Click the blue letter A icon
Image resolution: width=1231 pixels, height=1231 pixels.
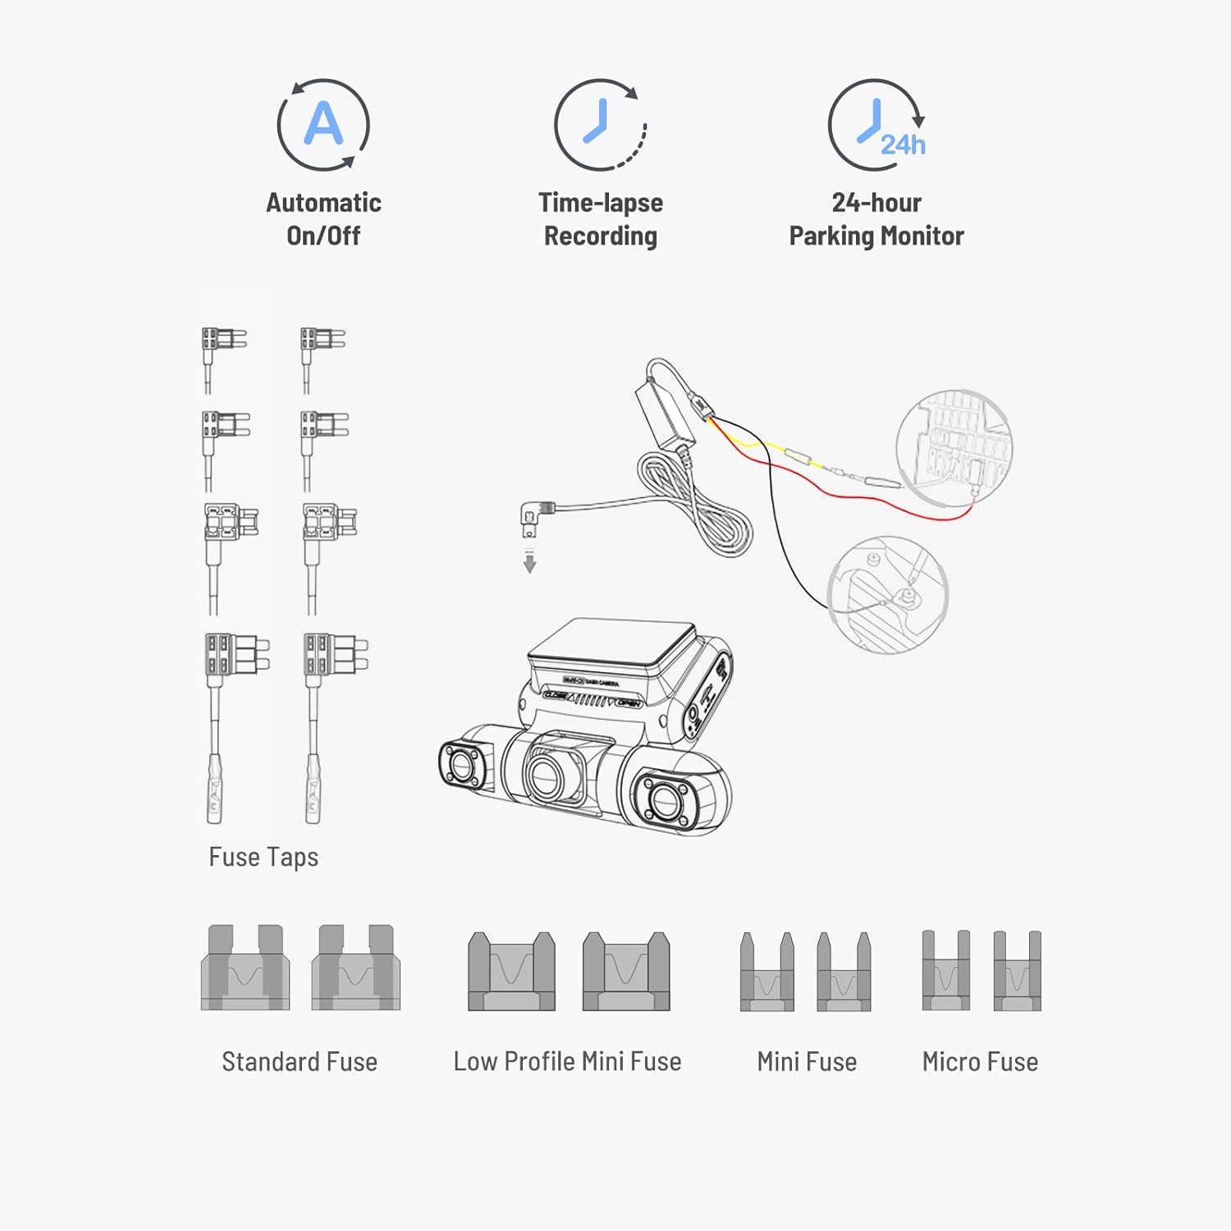(323, 125)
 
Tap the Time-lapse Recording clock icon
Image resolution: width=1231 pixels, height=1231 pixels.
(601, 125)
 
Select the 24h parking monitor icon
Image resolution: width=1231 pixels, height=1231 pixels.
(876, 125)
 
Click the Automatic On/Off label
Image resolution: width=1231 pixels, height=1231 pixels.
(323, 219)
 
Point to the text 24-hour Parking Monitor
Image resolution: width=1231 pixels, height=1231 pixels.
(876, 219)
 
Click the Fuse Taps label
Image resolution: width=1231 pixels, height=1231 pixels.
(263, 857)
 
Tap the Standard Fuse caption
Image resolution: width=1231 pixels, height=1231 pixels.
(300, 1061)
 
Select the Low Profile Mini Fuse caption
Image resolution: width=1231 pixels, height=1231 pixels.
(567, 1061)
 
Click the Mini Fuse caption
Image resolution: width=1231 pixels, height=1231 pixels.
(807, 1061)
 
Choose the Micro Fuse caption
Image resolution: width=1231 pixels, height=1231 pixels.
(980, 1061)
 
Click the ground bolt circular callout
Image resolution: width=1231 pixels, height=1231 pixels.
(888, 595)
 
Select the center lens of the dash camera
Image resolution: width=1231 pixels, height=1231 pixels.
(546, 772)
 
